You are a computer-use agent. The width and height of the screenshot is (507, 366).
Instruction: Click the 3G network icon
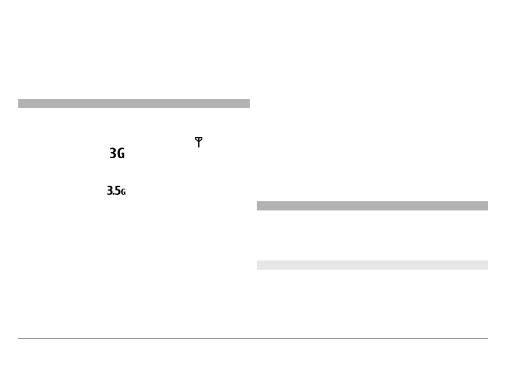(117, 153)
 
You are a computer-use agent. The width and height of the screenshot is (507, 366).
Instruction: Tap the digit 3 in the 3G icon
(113, 153)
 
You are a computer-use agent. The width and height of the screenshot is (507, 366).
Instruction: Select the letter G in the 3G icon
(121, 153)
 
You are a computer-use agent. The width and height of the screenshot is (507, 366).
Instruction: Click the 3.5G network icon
(116, 191)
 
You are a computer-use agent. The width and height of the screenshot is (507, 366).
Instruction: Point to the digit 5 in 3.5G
(118, 191)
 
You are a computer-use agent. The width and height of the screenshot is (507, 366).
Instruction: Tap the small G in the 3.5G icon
(123, 192)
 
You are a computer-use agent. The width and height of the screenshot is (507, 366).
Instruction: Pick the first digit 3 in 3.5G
(110, 191)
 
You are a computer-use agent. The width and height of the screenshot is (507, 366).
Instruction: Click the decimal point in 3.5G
(114, 194)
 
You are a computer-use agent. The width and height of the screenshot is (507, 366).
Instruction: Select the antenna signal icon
(199, 142)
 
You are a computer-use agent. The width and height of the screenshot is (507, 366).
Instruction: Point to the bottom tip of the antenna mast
(199, 147)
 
